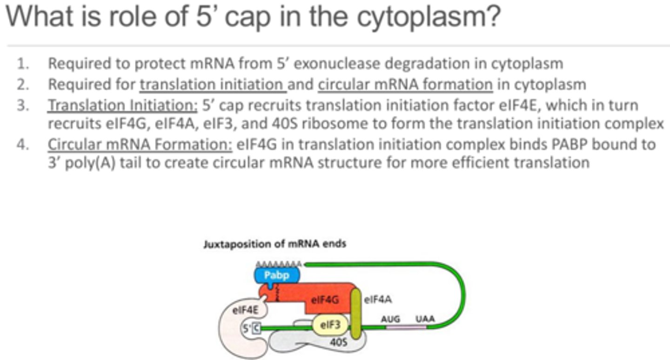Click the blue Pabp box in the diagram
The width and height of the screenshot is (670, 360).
point(277,275)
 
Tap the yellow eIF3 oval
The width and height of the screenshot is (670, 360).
point(329,325)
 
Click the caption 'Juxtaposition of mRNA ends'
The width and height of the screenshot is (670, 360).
point(275,244)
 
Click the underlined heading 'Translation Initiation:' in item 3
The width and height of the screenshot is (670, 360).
point(123,106)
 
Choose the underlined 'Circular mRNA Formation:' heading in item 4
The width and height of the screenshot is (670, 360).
point(140,144)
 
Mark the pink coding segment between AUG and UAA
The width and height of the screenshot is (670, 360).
point(406,327)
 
